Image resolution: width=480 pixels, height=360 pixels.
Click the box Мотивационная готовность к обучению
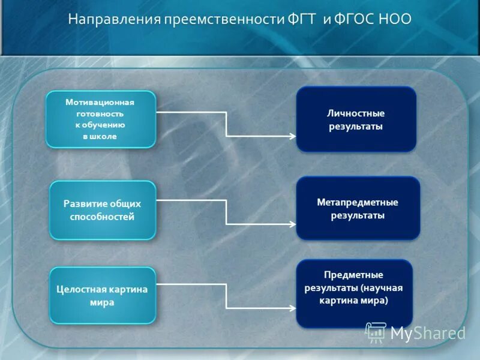pyautogui.click(x=101, y=119)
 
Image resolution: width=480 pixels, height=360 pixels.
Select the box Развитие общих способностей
pyautogui.click(x=103, y=210)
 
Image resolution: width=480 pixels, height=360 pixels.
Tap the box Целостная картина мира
pyautogui.click(x=103, y=296)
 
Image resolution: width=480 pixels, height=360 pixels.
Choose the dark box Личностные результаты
pyautogui.click(x=356, y=119)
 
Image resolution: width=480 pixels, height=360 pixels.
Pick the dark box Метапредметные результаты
pyautogui.click(x=358, y=208)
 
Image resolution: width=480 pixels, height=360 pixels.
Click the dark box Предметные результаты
pyautogui.click(x=354, y=293)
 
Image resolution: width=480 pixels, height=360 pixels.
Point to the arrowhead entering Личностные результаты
pyautogui.click(x=292, y=136)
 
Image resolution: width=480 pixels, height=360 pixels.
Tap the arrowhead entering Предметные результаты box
pyautogui.click(x=292, y=309)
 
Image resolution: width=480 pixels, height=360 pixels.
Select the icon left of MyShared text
pyautogui.click(x=376, y=332)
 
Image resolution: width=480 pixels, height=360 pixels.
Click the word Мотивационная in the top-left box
pyautogui.click(x=100, y=102)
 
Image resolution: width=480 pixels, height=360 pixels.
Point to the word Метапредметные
pyautogui.click(x=358, y=202)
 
